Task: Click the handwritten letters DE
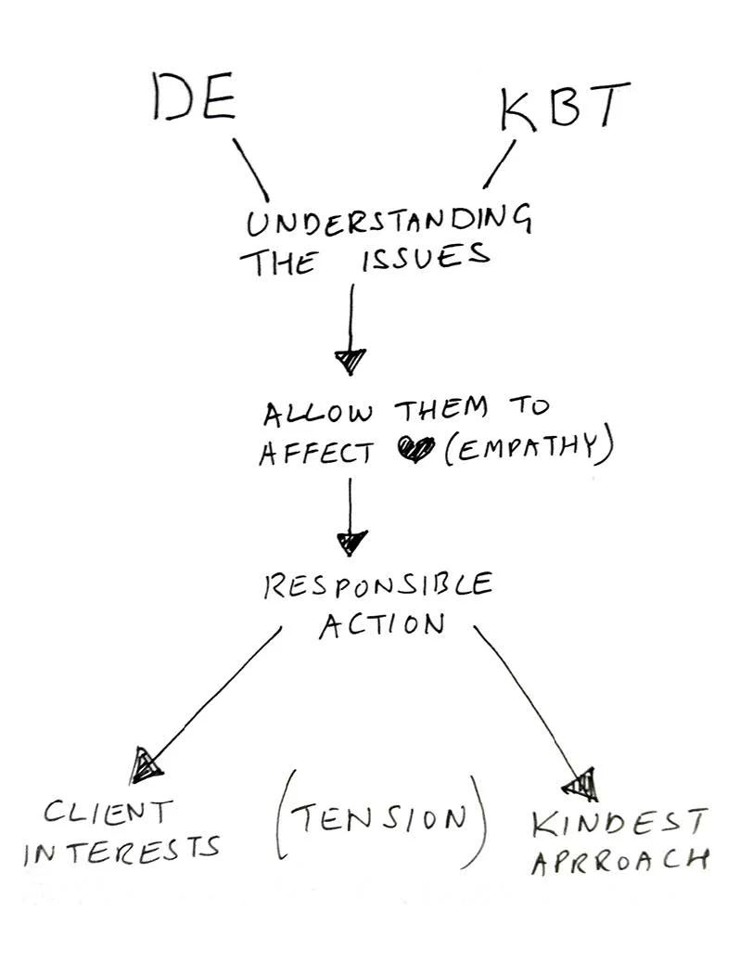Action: pyautogui.click(x=194, y=99)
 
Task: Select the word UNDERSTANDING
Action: pyautogui.click(x=389, y=223)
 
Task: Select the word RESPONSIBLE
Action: pyautogui.click(x=377, y=586)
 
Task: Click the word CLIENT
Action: pyautogui.click(x=108, y=814)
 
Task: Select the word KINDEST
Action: pyautogui.click(x=619, y=821)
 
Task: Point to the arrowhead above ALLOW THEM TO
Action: pyautogui.click(x=351, y=360)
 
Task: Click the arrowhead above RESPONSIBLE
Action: pyautogui.click(x=351, y=542)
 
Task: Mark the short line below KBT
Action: pyautogui.click(x=499, y=164)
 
